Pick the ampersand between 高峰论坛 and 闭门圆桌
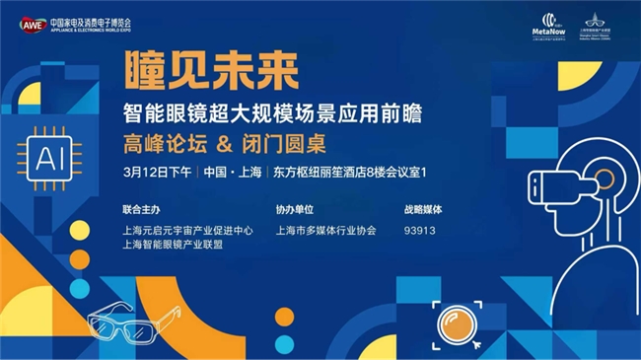click(224, 145)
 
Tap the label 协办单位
click(295, 210)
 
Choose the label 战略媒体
click(422, 210)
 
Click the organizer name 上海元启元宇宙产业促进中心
click(188, 231)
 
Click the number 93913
click(419, 231)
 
